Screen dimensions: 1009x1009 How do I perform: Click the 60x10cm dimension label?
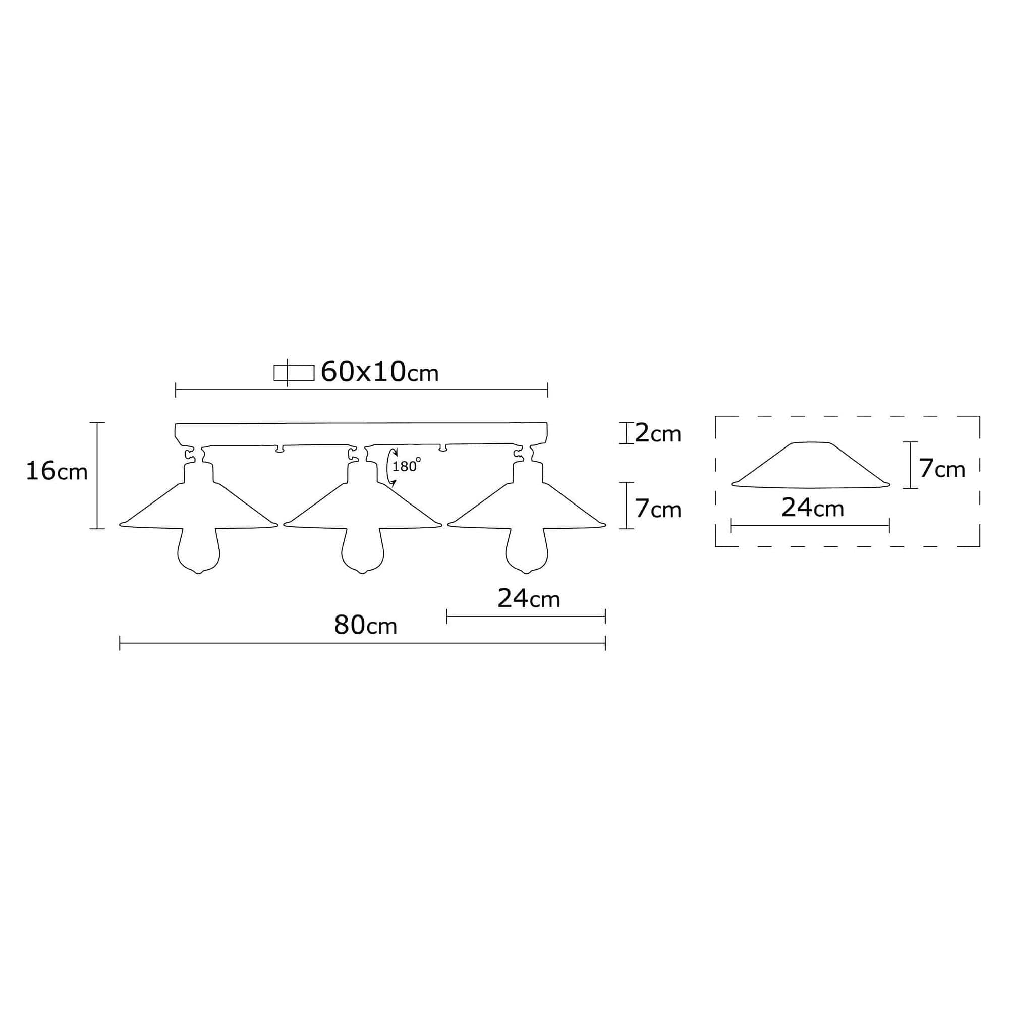click(x=379, y=372)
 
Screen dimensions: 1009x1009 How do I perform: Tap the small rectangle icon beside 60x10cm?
click(x=294, y=373)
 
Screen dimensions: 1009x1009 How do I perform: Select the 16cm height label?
click(x=57, y=471)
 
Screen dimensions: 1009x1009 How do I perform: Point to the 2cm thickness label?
click(x=657, y=433)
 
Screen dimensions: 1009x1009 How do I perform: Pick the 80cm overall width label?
click(x=366, y=625)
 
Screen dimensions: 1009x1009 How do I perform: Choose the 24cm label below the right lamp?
click(x=529, y=598)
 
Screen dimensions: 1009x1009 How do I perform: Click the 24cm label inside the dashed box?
click(x=813, y=508)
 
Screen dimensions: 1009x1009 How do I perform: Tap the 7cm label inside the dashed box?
click(x=942, y=469)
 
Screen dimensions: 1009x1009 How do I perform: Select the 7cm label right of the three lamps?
click(x=657, y=509)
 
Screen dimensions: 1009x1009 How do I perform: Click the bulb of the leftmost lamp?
click(x=198, y=552)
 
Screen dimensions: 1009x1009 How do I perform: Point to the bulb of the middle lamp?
click(x=362, y=552)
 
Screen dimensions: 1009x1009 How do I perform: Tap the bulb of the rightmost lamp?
click(x=527, y=552)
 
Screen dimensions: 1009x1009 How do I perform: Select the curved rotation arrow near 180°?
click(x=389, y=466)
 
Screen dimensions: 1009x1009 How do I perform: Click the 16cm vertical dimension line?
click(x=97, y=475)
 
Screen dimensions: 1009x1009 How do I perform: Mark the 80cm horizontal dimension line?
click(x=362, y=643)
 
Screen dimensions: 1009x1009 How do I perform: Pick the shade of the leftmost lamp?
click(x=198, y=507)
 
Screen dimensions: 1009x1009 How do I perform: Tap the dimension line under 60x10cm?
click(x=361, y=389)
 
